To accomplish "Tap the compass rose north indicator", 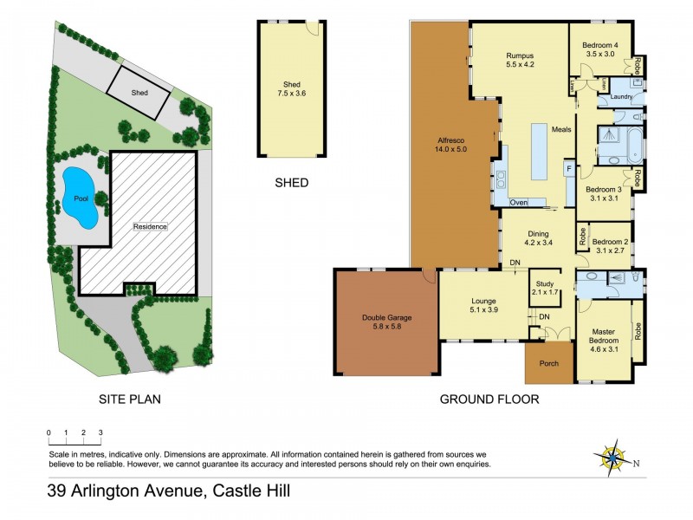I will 613,457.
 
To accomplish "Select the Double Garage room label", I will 386,322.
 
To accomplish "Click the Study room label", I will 545,288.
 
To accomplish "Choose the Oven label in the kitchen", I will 519,202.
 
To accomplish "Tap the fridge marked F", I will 569,167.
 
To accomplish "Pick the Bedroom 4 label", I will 599,49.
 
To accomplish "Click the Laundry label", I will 621,96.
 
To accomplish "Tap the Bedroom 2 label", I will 611,246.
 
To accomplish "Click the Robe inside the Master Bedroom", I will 638,329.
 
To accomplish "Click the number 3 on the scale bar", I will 100,432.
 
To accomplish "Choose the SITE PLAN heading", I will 129,400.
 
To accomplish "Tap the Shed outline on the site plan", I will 139,93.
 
